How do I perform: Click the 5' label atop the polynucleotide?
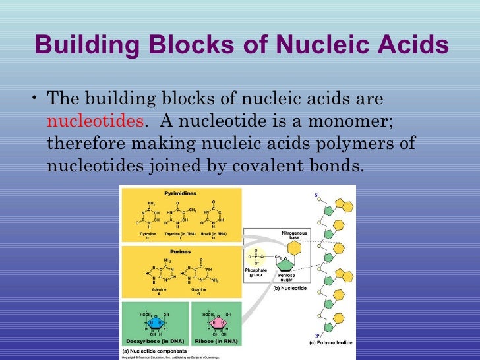click(x=315, y=195)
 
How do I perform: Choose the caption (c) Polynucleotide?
click(x=330, y=344)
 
